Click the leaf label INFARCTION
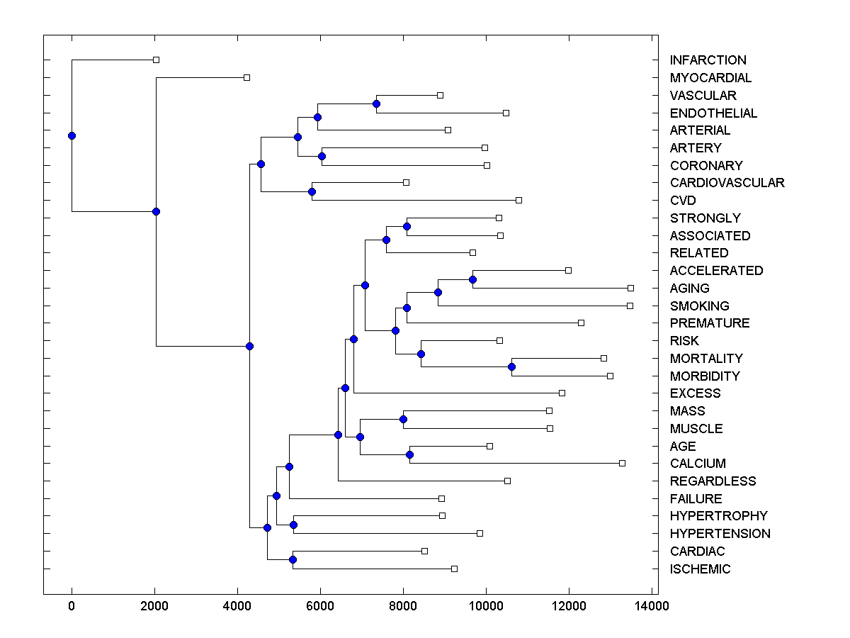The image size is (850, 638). tap(708, 60)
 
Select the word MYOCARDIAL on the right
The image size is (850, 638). tap(710, 78)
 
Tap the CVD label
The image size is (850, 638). tap(683, 201)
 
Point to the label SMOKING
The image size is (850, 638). tap(699, 306)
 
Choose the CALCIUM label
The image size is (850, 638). tap(698, 464)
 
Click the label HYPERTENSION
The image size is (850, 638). tap(720, 534)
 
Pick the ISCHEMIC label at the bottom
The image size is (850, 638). tap(700, 569)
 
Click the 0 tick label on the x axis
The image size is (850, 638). tap(72, 606)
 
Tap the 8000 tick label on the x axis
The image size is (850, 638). tap(403, 606)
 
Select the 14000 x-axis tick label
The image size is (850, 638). tap(652, 606)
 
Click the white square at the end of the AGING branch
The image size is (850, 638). tap(630, 288)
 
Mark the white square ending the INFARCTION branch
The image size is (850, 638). tap(157, 60)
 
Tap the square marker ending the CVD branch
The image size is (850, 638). tap(518, 201)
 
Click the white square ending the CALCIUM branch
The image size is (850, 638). tap(622, 463)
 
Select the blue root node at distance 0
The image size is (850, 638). tap(72, 135)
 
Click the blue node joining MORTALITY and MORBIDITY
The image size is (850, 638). tap(511, 366)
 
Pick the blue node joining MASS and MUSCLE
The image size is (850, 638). tap(403, 419)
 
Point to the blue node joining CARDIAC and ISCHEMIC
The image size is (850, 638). tap(293, 559)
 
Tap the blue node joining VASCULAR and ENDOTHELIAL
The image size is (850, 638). tap(376, 104)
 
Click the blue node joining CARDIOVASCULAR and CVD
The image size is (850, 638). tap(312, 191)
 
